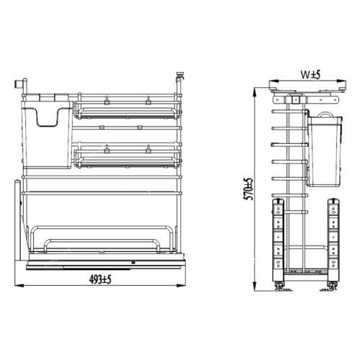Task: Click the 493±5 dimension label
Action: coord(100,279)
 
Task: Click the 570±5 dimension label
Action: coord(248,189)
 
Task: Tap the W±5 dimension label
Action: coord(311,75)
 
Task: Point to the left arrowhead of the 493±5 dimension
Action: coord(19,285)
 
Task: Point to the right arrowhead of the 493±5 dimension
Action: coord(181,285)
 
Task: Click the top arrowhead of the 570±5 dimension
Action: coord(255,92)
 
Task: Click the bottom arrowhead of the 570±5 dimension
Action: coord(255,287)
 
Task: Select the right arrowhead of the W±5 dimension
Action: coord(341,81)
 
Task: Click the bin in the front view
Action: coord(47,135)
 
